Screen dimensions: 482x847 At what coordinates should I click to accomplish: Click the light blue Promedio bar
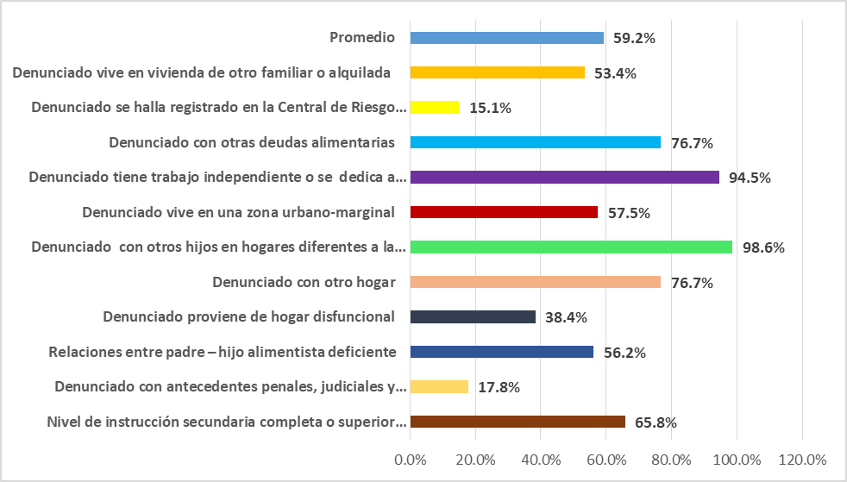point(506,38)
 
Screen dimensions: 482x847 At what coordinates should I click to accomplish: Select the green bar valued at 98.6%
point(571,247)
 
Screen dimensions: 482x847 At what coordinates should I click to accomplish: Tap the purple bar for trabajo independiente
point(564,178)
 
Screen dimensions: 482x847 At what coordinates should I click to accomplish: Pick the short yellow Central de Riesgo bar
point(434,108)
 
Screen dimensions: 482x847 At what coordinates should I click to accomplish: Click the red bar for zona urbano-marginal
point(504,212)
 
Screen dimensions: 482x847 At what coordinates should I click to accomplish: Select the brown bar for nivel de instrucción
point(518,422)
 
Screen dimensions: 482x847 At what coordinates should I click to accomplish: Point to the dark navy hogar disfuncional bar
point(473,317)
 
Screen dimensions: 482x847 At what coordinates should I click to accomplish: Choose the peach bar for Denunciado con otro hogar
point(535,282)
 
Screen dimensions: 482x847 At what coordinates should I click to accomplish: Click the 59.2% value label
point(634,39)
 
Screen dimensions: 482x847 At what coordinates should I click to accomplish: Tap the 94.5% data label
point(750,178)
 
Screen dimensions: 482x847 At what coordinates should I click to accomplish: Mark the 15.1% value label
point(491,109)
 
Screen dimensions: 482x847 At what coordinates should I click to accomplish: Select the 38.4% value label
point(566,318)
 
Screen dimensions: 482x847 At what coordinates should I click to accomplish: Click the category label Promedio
point(362,38)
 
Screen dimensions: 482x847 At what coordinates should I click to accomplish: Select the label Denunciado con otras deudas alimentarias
point(252,142)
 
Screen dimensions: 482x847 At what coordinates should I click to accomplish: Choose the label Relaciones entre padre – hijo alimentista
point(223,352)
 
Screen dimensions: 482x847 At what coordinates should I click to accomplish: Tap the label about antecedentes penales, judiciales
point(229,387)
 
